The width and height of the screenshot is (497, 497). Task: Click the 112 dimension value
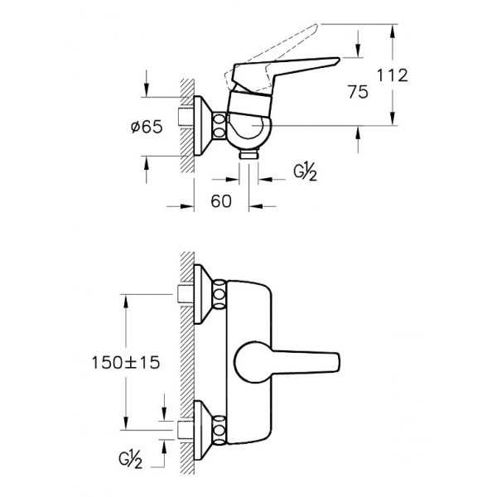click(392, 75)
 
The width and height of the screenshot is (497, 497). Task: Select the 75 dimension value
click(358, 92)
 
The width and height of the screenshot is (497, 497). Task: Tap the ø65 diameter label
click(147, 127)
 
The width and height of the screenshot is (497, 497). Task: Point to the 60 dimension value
click(221, 201)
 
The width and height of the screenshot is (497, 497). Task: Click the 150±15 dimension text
click(126, 362)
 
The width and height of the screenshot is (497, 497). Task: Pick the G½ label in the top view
click(305, 173)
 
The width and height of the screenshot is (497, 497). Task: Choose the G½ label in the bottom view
click(131, 461)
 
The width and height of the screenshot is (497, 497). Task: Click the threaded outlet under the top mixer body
click(249, 154)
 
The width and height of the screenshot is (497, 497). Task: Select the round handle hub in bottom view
click(253, 362)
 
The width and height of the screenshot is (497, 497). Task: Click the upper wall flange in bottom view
click(203, 294)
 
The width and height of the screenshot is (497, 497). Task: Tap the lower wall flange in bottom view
click(203, 430)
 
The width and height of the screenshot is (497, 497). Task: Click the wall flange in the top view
click(203, 126)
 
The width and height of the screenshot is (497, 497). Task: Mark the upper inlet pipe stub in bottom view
click(186, 294)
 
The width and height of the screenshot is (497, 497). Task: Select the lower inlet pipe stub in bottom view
click(186, 430)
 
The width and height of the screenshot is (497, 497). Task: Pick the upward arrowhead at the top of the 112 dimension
click(393, 31)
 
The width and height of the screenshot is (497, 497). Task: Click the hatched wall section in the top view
click(187, 126)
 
